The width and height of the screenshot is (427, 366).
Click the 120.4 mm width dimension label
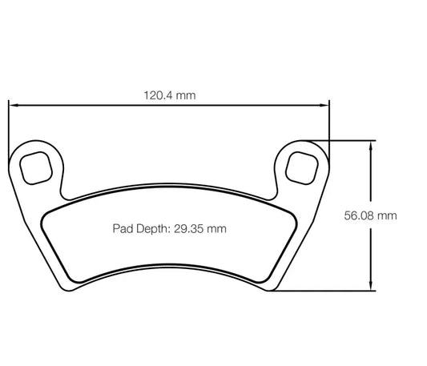click(170, 95)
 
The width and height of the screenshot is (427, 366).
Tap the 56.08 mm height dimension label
click(371, 215)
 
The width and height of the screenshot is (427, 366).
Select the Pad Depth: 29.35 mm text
click(168, 228)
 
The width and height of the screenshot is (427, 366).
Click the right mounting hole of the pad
click(303, 167)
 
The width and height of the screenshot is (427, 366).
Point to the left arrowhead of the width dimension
click(12, 104)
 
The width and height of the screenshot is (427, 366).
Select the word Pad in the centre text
click(121, 228)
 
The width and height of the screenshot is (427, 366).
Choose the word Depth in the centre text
click(152, 228)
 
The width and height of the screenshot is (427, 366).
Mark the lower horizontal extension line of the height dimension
click(320, 291)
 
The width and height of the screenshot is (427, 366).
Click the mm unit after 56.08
click(388, 215)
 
